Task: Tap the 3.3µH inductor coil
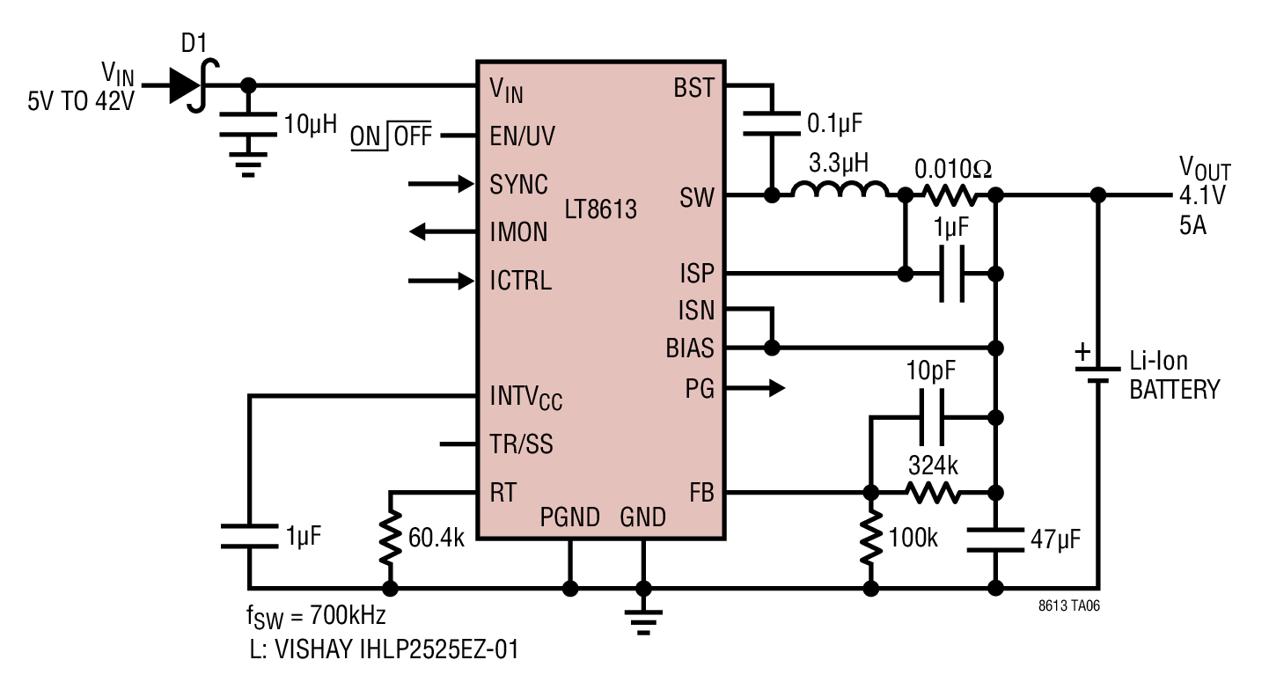tap(840, 190)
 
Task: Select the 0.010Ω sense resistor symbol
tap(950, 195)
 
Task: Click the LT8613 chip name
tap(600, 209)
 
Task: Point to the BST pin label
tap(694, 88)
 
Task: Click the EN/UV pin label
tap(523, 136)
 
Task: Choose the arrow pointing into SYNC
tap(441, 184)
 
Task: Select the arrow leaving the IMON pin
tap(443, 231)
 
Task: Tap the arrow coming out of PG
tap(755, 388)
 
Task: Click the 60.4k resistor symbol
tap(390, 537)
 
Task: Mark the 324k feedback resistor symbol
tap(933, 492)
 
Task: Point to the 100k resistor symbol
tap(871, 537)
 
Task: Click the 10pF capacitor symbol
tap(932, 417)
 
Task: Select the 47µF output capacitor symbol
tap(995, 539)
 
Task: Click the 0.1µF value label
tap(834, 123)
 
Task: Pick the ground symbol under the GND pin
tap(643, 622)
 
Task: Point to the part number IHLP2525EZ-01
tap(439, 649)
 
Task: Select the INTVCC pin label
tap(525, 397)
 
